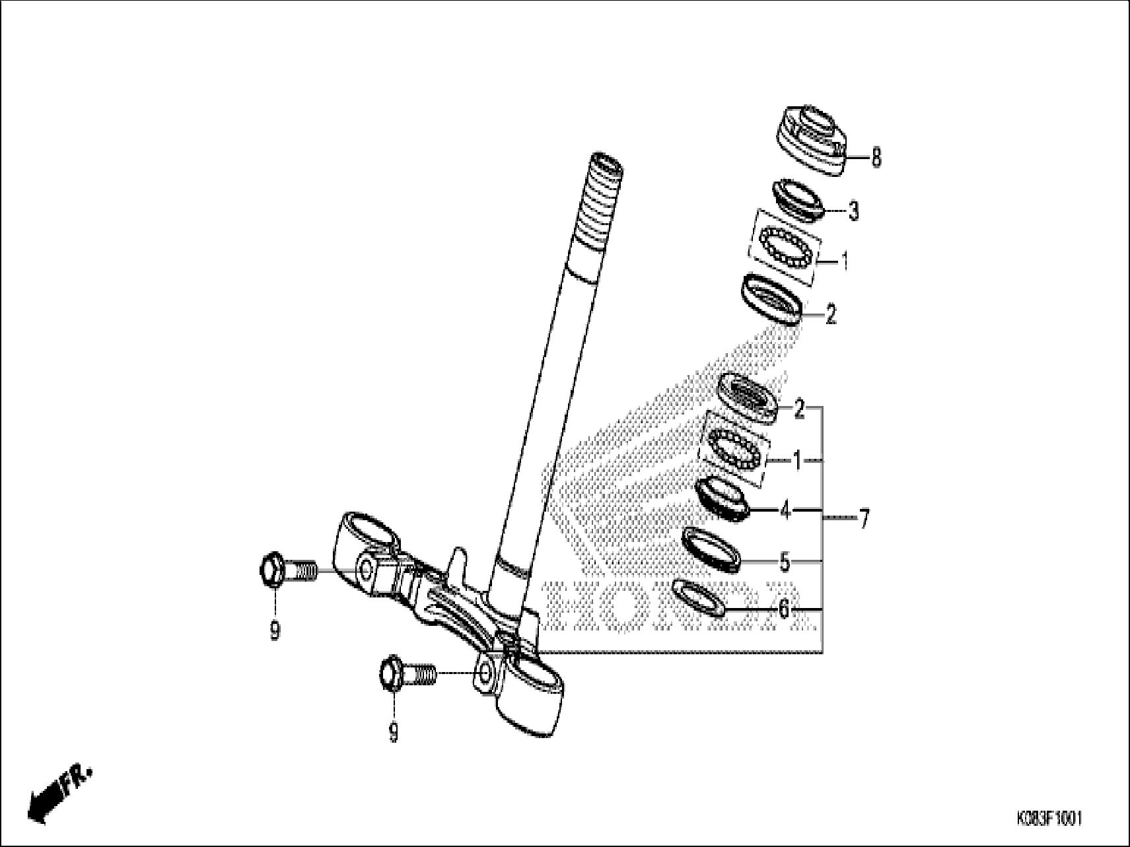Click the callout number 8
click(x=876, y=158)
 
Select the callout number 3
click(x=853, y=211)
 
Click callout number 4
click(x=785, y=510)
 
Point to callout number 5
click(x=785, y=562)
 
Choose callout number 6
click(x=784, y=609)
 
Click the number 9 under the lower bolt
click(x=394, y=733)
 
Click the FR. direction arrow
click(x=59, y=793)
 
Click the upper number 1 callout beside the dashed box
click(x=843, y=261)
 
